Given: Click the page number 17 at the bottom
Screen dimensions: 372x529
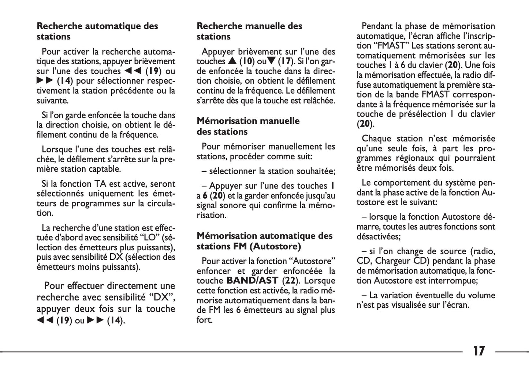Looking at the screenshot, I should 479,351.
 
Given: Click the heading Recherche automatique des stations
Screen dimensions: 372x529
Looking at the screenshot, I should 97,31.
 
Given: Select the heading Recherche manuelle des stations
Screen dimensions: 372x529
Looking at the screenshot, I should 249,31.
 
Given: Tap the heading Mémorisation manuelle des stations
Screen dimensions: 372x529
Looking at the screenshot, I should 248,126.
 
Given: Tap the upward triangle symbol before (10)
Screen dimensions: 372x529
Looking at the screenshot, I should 232,61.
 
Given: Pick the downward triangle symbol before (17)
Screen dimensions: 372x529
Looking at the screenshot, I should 271,61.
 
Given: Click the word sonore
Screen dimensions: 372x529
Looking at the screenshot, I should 233,205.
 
